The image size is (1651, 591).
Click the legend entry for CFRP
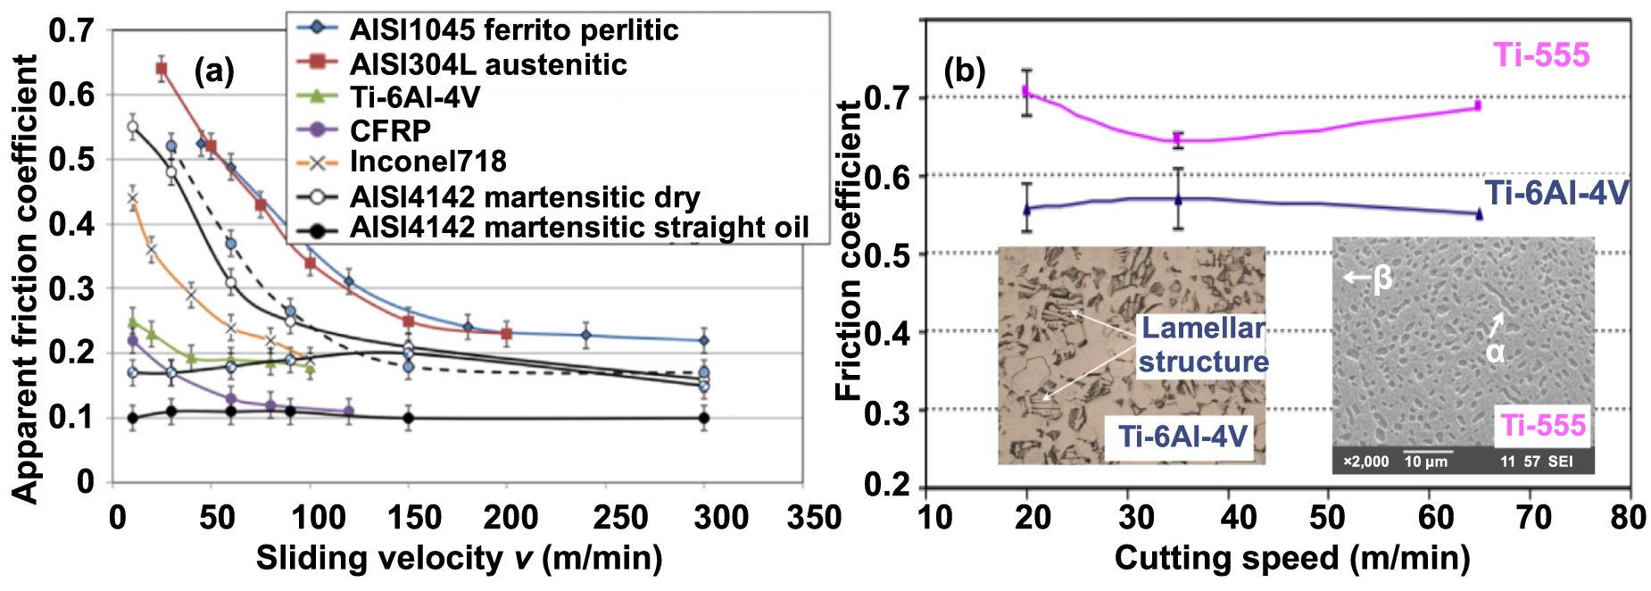coord(390,130)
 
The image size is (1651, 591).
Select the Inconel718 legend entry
coord(427,162)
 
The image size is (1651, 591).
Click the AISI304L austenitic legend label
coord(487,64)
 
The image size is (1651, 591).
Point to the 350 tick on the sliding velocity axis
coord(814,517)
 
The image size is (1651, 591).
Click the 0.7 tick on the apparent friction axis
coord(71,30)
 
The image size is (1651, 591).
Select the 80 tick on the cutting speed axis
coord(1628,517)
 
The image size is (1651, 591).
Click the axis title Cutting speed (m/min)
coord(1291,558)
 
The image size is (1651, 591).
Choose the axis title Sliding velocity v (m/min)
coord(459,558)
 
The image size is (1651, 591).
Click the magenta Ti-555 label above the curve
coord(1541,55)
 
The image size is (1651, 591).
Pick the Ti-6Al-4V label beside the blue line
coord(1556,193)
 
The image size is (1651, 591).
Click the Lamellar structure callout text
coord(1203,345)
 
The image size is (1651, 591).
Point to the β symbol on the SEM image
coord(1382,278)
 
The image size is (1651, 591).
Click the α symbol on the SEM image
coord(1495,352)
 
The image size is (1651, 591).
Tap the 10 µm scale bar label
coord(1426,462)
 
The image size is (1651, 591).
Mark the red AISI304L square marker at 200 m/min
coord(507,334)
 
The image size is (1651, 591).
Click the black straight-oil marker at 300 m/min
coord(703,418)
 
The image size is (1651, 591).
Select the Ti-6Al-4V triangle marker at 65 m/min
coord(1479,213)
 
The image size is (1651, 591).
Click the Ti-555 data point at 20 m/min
coord(1026,91)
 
